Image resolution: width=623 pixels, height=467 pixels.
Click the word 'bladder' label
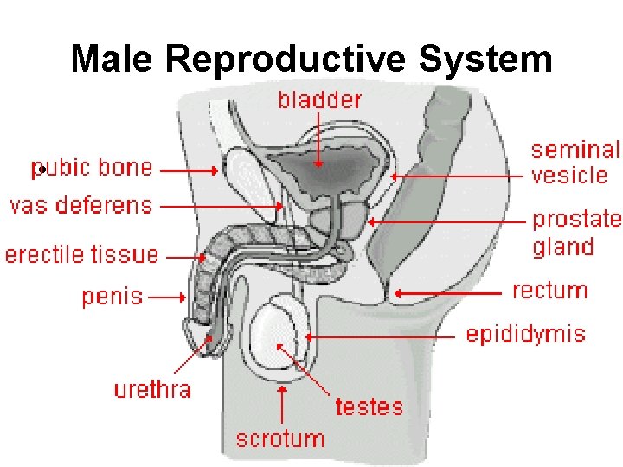pyautogui.click(x=319, y=100)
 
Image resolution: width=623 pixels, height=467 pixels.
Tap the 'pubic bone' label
pyautogui.click(x=93, y=167)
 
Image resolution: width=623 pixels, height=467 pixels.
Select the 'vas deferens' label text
pyautogui.click(x=80, y=206)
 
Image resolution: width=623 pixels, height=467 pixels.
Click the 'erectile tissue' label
pyautogui.click(x=82, y=255)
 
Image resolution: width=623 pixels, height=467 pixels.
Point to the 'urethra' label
pyautogui.click(x=152, y=389)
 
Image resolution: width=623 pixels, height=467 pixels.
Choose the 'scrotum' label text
pyautogui.click(x=280, y=438)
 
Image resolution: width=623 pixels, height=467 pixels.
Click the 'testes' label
pyautogui.click(x=369, y=406)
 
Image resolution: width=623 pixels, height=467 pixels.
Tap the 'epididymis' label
pyautogui.click(x=526, y=335)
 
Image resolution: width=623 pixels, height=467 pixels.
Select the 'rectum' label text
pyautogui.click(x=550, y=291)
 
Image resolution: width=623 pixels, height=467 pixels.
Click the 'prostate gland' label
pyautogui.click(x=576, y=233)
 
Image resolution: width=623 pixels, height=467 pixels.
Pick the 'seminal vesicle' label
pyautogui.click(x=575, y=163)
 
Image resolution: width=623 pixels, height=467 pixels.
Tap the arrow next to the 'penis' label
pyautogui.click(x=168, y=297)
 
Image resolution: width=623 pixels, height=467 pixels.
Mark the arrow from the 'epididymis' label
pyautogui.click(x=381, y=336)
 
